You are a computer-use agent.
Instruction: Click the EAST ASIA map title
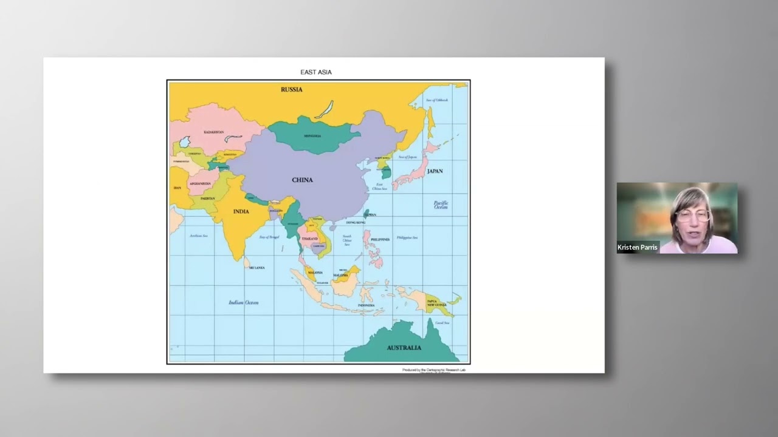point(316,72)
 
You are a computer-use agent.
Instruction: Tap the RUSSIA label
point(291,89)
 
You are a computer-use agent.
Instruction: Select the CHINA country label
point(302,180)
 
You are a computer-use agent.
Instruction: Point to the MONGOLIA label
point(312,136)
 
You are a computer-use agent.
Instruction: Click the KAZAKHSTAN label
point(213,132)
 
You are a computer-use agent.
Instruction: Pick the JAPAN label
point(435,171)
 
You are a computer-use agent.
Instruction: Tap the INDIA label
point(241,211)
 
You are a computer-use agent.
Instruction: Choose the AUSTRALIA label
point(404,348)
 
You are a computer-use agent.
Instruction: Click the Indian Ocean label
point(243,302)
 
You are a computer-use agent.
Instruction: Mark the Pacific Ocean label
point(441,205)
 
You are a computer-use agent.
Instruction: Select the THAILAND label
point(310,239)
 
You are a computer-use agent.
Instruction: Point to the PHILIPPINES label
point(380,240)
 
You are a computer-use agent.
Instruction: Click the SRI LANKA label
point(256,268)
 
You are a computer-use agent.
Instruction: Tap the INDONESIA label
point(366,305)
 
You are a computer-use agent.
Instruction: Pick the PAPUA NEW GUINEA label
point(432,303)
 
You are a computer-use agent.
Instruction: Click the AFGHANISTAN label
point(200,183)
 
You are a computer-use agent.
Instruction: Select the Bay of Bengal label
point(269,237)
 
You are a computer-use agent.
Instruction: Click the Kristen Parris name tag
point(637,248)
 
